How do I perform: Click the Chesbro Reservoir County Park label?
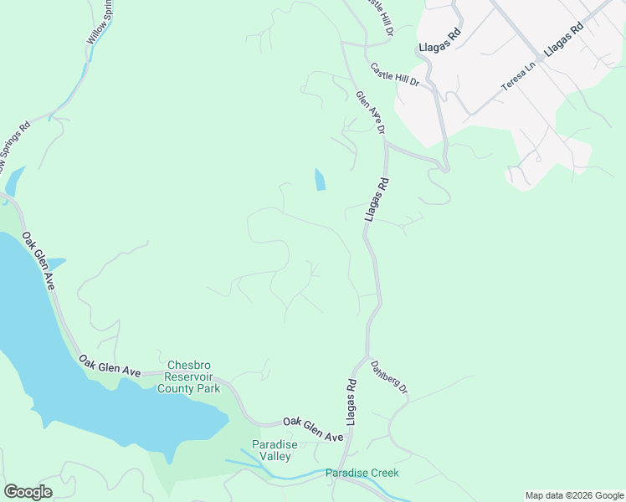pyautogui.click(x=193, y=376)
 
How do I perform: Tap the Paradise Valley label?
pyautogui.click(x=272, y=450)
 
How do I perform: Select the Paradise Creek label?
pyautogui.click(x=362, y=474)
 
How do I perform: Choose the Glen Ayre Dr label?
pyautogui.click(x=370, y=113)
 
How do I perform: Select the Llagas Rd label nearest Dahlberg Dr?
pyautogui.click(x=351, y=402)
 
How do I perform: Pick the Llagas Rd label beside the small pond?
pyautogui.click(x=377, y=199)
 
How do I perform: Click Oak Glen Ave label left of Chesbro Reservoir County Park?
pyautogui.click(x=109, y=365)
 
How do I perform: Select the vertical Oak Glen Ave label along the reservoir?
pyautogui.click(x=38, y=261)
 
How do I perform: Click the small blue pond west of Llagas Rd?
pyautogui.click(x=320, y=179)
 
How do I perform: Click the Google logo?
pyautogui.click(x=28, y=492)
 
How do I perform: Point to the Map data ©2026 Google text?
pyautogui.click(x=574, y=495)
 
